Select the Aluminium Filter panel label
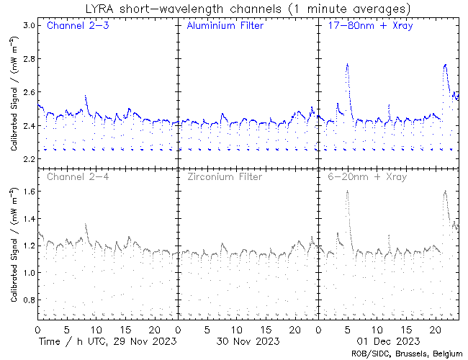(x=225, y=27)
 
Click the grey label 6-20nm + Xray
(x=366, y=176)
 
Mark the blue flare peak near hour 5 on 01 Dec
(x=347, y=64)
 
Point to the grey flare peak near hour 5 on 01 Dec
(x=347, y=191)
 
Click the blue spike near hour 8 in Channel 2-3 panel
(x=86, y=95)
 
